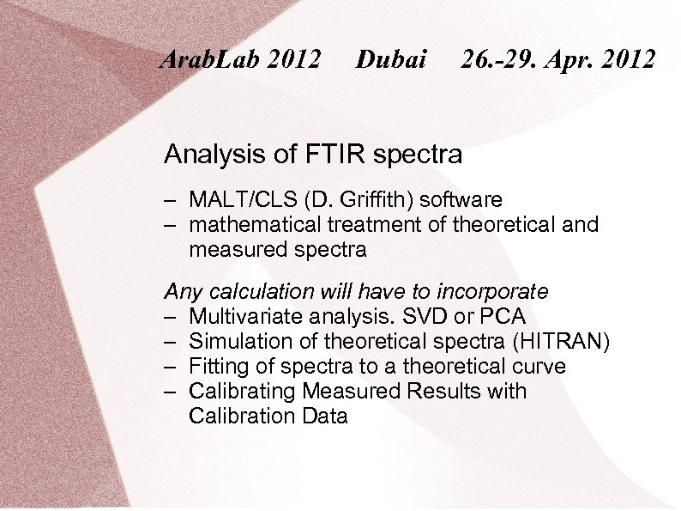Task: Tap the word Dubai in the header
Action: click(x=391, y=59)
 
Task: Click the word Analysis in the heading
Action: click(x=214, y=155)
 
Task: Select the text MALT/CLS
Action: click(x=242, y=200)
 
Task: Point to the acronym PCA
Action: click(x=504, y=316)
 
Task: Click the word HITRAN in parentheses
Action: click(x=564, y=341)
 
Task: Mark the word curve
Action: click(x=537, y=367)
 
